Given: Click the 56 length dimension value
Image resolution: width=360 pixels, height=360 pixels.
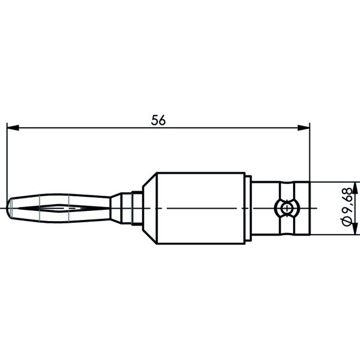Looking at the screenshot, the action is coord(158,120).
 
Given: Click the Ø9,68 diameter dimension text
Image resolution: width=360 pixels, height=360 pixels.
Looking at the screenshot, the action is coord(346,207).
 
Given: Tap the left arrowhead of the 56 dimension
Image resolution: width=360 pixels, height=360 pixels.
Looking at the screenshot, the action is coord(13,128).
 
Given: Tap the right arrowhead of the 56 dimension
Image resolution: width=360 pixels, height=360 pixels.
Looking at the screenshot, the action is coord(304,128).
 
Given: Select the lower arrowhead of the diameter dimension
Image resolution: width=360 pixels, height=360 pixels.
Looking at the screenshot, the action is coord(355,229).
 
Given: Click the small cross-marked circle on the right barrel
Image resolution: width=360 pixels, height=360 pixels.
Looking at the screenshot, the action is coord(287,209).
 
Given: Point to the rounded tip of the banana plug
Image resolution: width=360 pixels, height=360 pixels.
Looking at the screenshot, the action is coord(9,208).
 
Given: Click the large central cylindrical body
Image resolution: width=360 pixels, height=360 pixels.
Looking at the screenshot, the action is coord(200,208).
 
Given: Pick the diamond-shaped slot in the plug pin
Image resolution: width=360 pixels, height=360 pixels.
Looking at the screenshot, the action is coord(60,208).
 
